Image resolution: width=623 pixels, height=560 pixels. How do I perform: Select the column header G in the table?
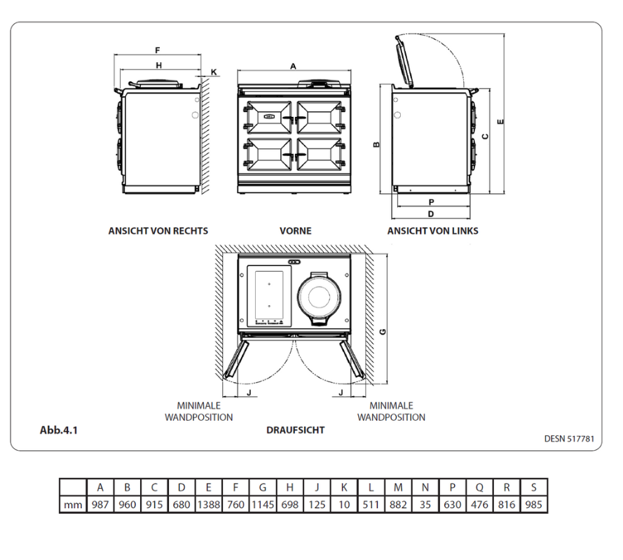pyautogui.click(x=263, y=487)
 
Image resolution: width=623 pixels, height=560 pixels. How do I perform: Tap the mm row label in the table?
pyautogui.click(x=73, y=504)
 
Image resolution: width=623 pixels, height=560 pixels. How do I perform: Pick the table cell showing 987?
pyautogui.click(x=100, y=504)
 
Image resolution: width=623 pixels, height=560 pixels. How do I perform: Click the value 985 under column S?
pyautogui.click(x=534, y=504)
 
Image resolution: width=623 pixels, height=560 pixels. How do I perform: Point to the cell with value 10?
pyautogui.click(x=343, y=504)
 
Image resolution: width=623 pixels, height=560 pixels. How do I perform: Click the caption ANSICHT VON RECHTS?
pyautogui.click(x=158, y=230)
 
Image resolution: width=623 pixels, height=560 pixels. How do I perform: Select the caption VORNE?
pyautogui.click(x=295, y=230)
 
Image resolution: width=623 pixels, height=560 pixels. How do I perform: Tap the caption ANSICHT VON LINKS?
pyautogui.click(x=432, y=230)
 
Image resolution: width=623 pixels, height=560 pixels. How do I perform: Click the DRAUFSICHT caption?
pyautogui.click(x=295, y=430)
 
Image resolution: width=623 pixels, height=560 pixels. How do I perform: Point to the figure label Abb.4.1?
pyautogui.click(x=58, y=430)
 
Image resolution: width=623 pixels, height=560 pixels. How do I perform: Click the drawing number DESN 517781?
pyautogui.click(x=569, y=439)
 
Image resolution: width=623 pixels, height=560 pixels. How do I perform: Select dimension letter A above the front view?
pyautogui.click(x=293, y=65)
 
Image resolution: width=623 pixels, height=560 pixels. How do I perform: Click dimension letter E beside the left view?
pyautogui.click(x=499, y=121)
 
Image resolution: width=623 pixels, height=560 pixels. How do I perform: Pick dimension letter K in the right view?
pyautogui.click(x=214, y=72)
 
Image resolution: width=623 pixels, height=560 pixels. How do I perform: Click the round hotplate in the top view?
pyautogui.click(x=321, y=297)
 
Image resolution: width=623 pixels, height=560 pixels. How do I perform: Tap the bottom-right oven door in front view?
pyautogui.click(x=320, y=153)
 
